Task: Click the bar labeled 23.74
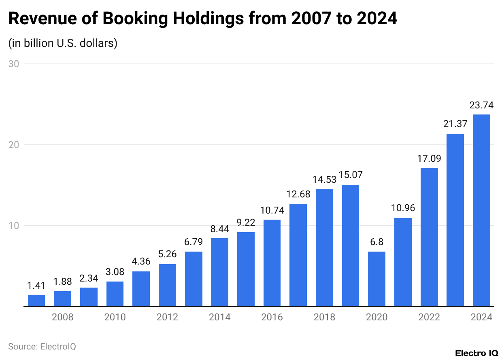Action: click(481, 210)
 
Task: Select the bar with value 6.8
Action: click(376, 279)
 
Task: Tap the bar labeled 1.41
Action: click(36, 301)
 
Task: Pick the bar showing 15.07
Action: click(351, 246)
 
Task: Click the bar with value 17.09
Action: click(429, 237)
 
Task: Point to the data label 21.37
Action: click(455, 124)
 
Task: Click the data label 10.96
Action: click(403, 208)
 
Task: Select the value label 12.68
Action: click(298, 194)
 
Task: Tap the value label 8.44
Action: click(219, 229)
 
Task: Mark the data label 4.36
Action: click(141, 262)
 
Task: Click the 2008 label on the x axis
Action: click(63, 317)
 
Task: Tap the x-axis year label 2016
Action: click(272, 317)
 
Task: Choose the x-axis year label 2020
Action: click(376, 317)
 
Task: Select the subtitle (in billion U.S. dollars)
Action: click(63, 43)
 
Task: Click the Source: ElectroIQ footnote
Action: click(42, 347)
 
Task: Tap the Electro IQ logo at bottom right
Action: click(476, 353)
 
